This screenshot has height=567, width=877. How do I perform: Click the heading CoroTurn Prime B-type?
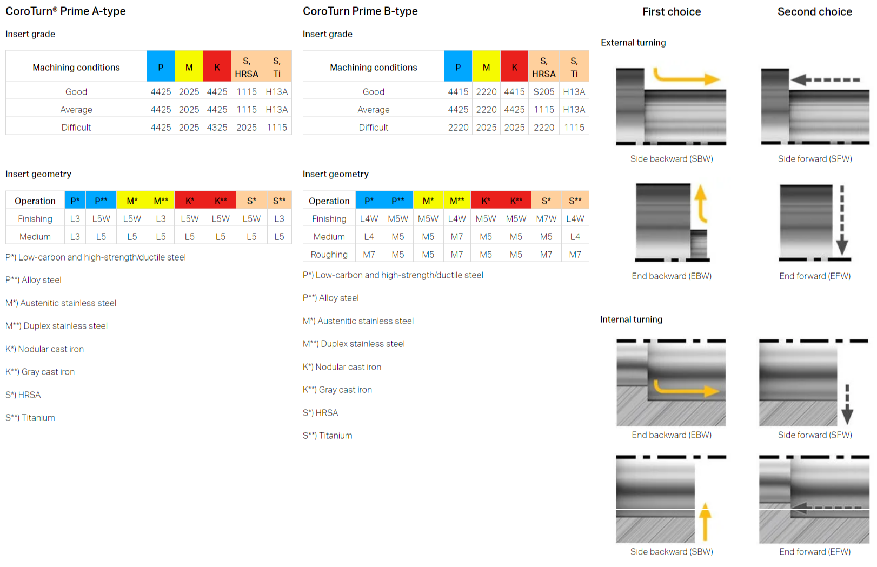pos(360,11)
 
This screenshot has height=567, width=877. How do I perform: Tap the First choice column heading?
pos(672,12)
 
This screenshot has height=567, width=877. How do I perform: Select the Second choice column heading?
pos(814,12)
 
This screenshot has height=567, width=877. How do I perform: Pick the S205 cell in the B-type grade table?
pos(544,92)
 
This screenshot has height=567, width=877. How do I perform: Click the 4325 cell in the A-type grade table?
pos(217,128)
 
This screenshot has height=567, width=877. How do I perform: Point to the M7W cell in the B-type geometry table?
pos(546,219)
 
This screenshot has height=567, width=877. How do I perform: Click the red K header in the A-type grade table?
pos(217,67)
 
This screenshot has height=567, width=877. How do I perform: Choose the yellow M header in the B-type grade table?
pos(486,67)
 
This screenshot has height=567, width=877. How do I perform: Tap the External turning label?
pos(633,43)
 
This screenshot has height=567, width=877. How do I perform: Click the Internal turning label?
pos(631,319)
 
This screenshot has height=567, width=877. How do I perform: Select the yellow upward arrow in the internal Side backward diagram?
pos(705,521)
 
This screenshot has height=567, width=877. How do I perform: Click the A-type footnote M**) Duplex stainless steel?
pos(57,326)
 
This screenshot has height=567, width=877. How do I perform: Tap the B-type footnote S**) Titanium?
pos(327,436)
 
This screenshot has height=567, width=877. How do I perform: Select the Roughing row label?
pos(329,255)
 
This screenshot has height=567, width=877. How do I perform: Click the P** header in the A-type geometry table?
pos(101,201)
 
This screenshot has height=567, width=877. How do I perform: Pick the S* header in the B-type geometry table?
pos(546,201)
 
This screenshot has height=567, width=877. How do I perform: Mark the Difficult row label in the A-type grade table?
pos(76,128)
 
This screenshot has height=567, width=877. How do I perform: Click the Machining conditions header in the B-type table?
pos(373,67)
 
